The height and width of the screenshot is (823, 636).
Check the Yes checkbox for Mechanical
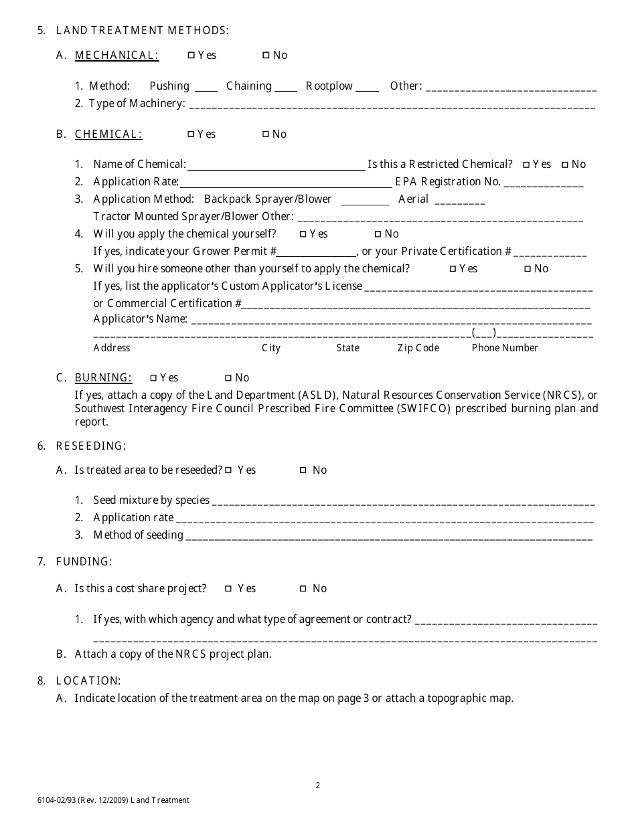click(191, 56)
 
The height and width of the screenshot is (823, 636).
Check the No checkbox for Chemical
click(266, 134)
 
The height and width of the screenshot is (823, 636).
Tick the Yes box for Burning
click(153, 378)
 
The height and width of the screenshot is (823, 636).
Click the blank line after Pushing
click(206, 89)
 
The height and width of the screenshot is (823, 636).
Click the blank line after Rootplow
click(367, 89)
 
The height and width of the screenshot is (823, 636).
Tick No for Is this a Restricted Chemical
click(565, 165)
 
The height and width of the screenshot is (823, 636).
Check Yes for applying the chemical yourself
click(303, 234)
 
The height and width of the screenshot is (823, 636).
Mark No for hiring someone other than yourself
click(528, 269)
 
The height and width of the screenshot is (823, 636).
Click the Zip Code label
click(418, 348)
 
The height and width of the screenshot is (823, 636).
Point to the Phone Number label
click(505, 348)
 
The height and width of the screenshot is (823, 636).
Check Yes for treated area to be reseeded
click(228, 470)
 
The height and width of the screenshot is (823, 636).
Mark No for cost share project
click(303, 589)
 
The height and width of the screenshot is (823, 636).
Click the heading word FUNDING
click(84, 562)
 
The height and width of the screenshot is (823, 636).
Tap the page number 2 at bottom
click(318, 786)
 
